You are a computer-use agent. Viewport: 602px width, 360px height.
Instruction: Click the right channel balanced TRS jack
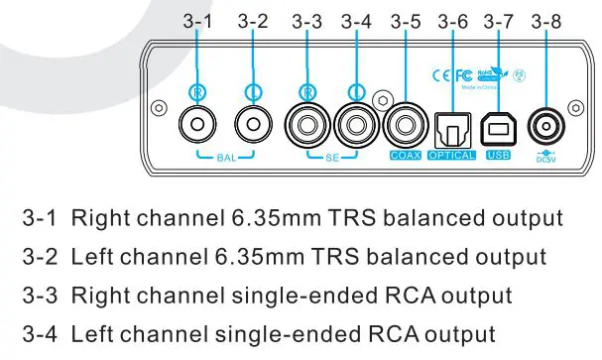[x=196, y=126]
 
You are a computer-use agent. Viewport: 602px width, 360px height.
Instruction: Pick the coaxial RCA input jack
[x=405, y=126]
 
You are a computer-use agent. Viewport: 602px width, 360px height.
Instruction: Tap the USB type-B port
[x=498, y=127]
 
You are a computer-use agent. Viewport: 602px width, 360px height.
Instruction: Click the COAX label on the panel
[x=405, y=157]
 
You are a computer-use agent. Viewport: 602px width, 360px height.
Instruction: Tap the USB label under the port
[x=498, y=157]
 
